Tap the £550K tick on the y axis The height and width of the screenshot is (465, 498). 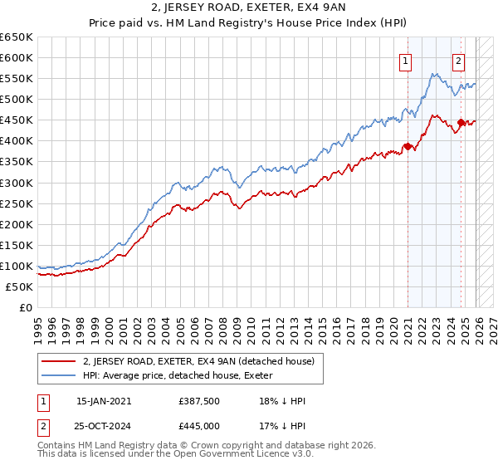point(17,79)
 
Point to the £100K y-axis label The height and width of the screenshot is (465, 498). point(17,266)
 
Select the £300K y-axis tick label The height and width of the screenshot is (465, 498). point(17,183)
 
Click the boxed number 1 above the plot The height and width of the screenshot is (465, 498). point(406,60)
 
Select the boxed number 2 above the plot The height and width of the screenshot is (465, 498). point(458,60)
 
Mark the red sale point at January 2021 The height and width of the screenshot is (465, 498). point(408,147)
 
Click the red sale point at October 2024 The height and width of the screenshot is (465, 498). point(461,123)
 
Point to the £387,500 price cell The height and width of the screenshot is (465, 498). point(198,400)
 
